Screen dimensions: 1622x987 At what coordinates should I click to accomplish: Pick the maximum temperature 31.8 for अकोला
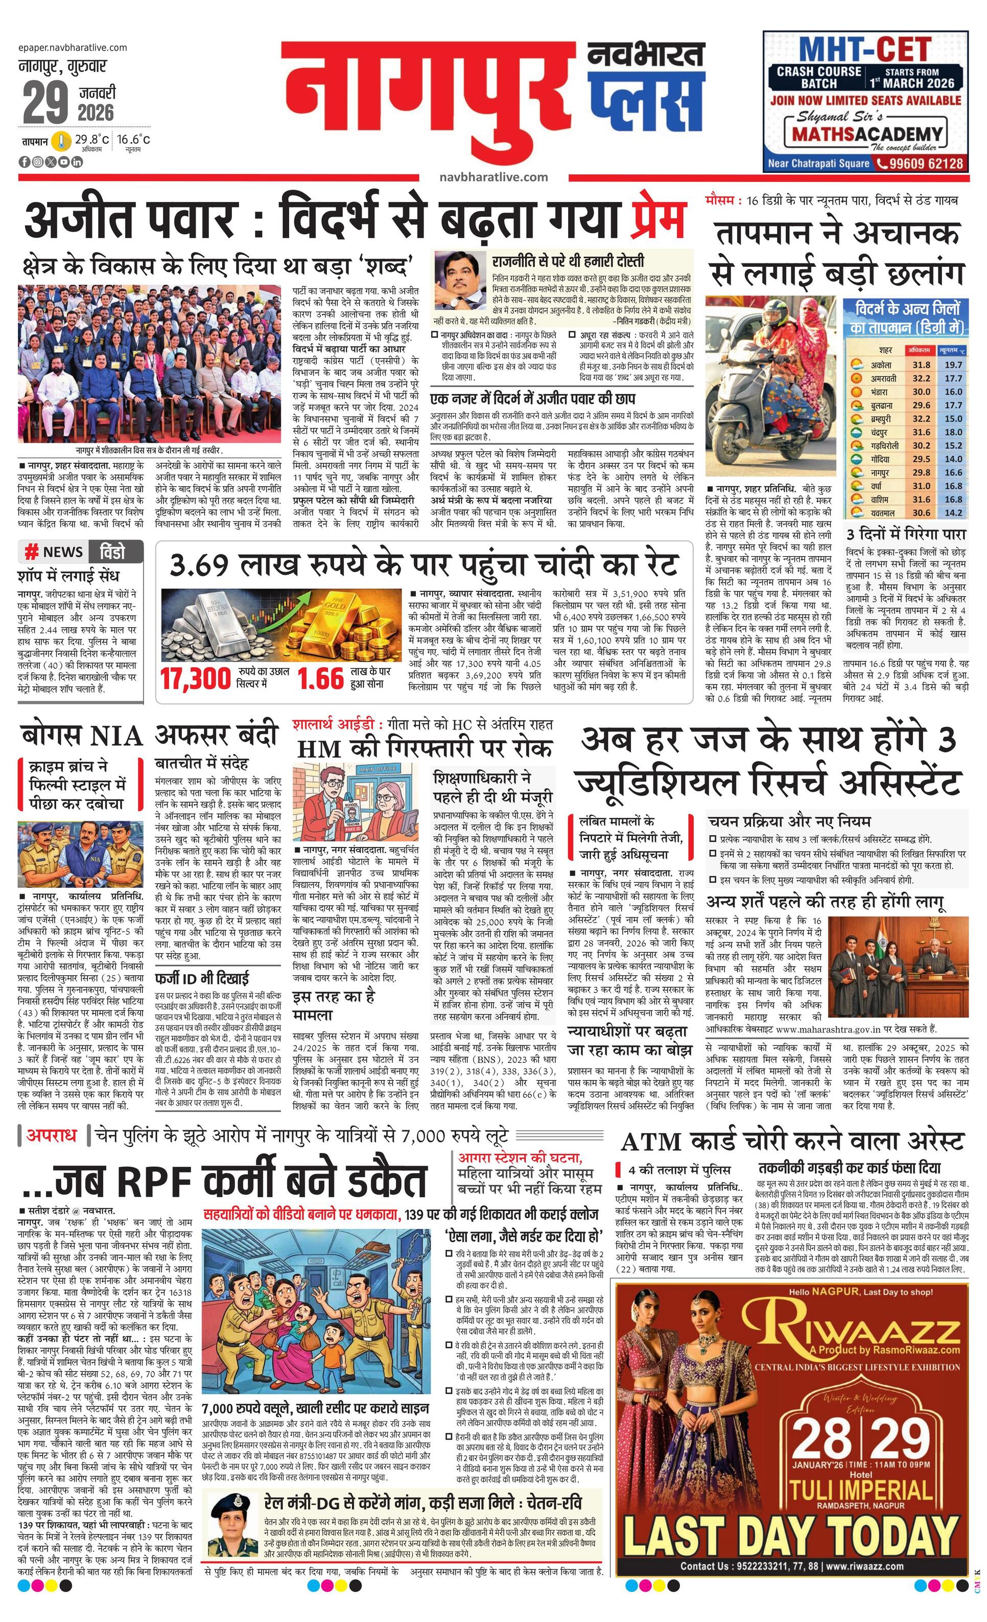(921, 364)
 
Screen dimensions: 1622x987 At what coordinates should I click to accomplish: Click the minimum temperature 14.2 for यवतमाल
(953, 513)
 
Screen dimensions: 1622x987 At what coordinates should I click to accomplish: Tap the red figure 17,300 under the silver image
(196, 679)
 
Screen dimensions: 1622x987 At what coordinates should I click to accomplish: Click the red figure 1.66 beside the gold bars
(320, 679)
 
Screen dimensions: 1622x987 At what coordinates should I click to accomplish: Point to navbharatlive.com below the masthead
(494, 176)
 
